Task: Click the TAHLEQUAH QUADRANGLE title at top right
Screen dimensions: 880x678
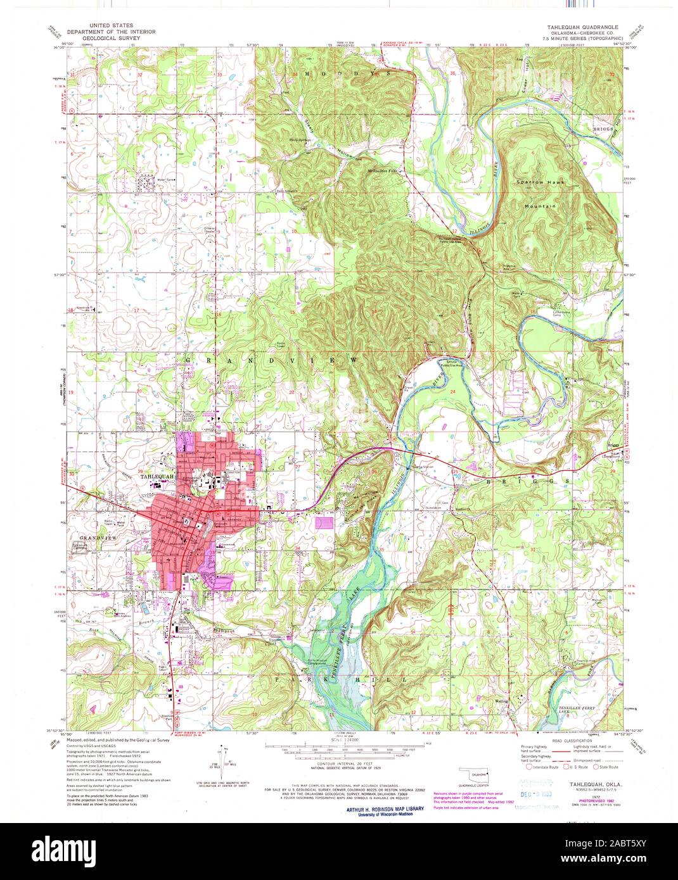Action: click(x=578, y=28)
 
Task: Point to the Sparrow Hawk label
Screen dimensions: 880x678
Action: click(x=540, y=182)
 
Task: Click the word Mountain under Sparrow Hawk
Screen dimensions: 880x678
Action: click(x=540, y=206)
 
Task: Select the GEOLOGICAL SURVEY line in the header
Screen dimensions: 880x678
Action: click(x=107, y=37)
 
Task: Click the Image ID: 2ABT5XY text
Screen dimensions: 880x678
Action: click(x=624, y=844)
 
